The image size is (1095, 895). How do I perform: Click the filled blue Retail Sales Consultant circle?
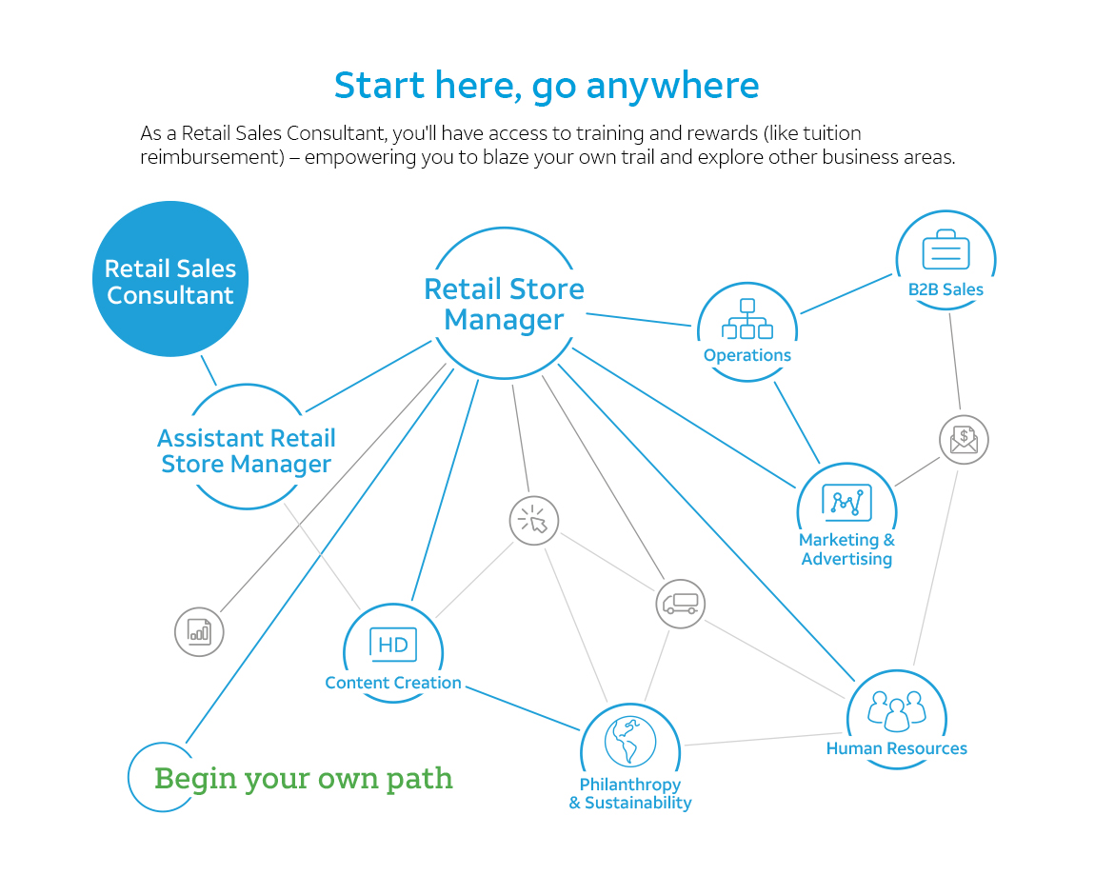[x=170, y=279]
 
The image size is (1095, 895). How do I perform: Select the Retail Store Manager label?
[x=505, y=304]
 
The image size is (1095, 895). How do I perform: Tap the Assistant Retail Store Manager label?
[x=247, y=451]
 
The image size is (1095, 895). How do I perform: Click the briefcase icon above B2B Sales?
[x=946, y=249]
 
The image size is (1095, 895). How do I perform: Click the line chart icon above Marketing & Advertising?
[x=846, y=503]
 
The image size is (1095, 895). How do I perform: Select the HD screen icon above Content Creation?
[x=393, y=645]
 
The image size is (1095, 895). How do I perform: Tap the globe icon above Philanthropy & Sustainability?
[x=630, y=742]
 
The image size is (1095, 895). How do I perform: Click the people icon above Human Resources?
[x=897, y=710]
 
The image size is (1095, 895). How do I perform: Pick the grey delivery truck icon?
[x=680, y=604]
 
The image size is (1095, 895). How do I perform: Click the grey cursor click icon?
[x=534, y=521]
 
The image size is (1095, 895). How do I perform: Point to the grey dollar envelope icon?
[x=964, y=440]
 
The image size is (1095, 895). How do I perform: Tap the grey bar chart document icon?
[x=199, y=632]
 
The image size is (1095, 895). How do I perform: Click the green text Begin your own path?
[x=303, y=779]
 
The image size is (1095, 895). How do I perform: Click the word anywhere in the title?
[x=672, y=87]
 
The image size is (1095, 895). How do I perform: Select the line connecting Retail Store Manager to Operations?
[x=638, y=320]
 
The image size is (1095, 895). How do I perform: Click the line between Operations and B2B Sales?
[x=846, y=294]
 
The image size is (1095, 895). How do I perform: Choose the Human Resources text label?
[x=897, y=748]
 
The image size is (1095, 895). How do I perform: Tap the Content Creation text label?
[x=393, y=683]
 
